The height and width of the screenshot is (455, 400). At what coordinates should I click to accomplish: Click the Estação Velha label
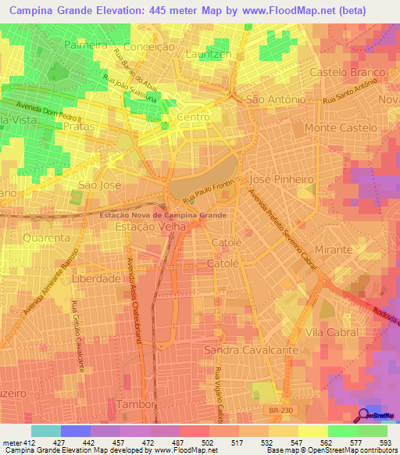(x=152, y=227)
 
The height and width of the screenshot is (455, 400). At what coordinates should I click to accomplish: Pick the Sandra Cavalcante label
(x=251, y=349)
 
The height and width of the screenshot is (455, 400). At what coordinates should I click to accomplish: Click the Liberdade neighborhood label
(x=96, y=278)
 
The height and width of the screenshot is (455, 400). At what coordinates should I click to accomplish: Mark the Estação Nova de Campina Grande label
(x=163, y=214)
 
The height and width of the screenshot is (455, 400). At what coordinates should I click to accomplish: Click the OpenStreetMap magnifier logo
(x=365, y=416)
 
